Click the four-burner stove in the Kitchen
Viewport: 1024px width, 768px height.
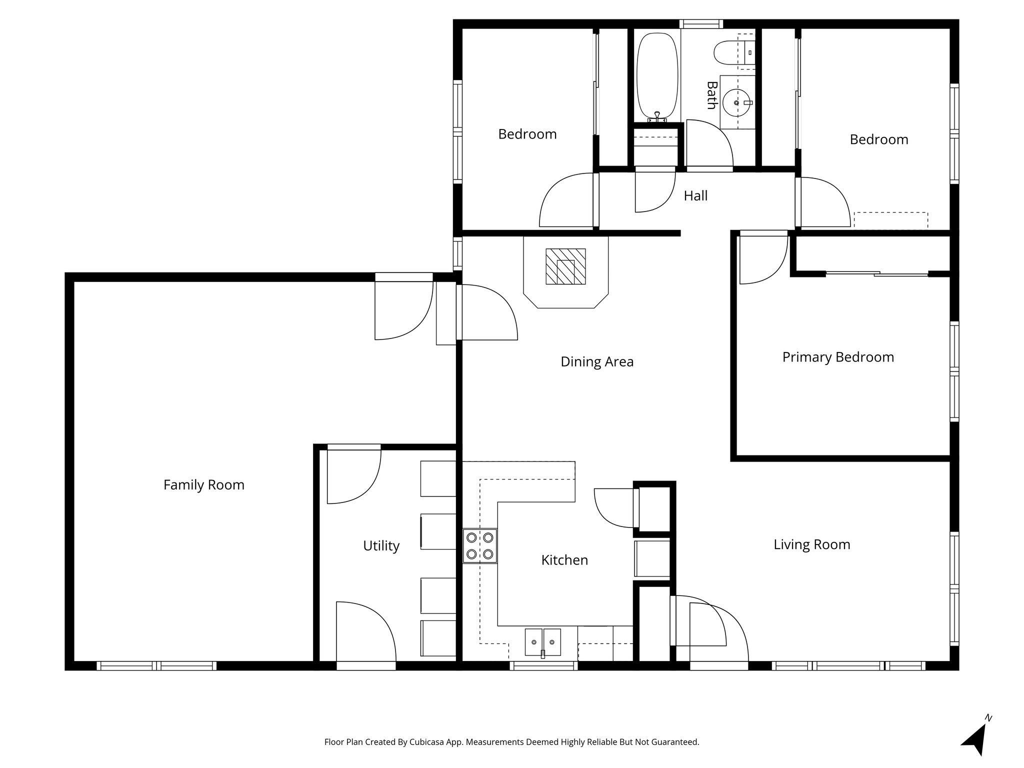[479, 546]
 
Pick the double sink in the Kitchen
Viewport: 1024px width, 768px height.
[542, 642]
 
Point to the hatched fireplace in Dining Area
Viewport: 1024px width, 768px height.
[565, 266]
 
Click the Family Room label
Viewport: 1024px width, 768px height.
[203, 485]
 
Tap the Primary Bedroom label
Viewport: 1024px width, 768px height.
[837, 357]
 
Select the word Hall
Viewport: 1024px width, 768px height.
[695, 196]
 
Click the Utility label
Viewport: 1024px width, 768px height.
[381, 546]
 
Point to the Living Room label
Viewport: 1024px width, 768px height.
[811, 544]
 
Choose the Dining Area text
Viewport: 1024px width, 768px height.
[596, 362]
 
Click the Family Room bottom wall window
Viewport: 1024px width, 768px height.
[156, 665]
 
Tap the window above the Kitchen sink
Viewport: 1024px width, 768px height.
[543, 665]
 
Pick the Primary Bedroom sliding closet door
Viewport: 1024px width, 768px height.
[877, 273]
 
